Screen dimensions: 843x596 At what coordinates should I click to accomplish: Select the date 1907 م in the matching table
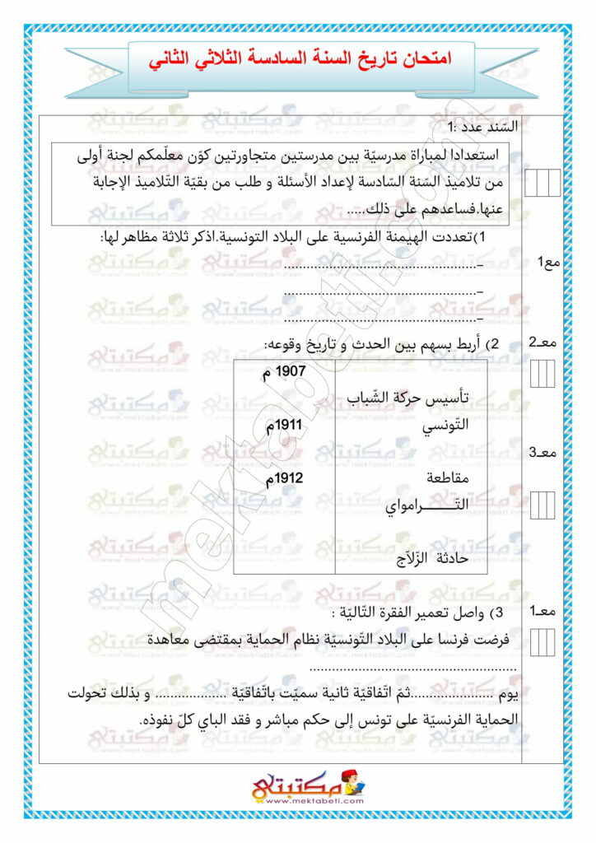pyautogui.click(x=283, y=372)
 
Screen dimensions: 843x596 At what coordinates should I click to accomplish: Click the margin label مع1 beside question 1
pyautogui.click(x=547, y=262)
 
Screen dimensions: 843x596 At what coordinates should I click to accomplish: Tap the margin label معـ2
pyautogui.click(x=544, y=342)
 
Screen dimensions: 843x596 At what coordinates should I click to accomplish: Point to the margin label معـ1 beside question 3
pyautogui.click(x=544, y=611)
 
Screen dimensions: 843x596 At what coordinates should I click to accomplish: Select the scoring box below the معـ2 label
pyautogui.click(x=542, y=375)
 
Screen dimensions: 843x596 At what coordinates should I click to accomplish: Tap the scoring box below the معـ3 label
pyautogui.click(x=542, y=503)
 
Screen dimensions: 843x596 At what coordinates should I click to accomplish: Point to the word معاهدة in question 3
pyautogui.click(x=194, y=639)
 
